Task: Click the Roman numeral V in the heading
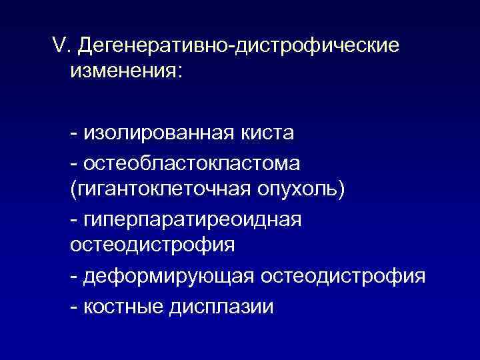59,46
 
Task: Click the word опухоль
299,190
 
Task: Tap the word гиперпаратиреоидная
193,219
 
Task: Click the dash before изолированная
73,134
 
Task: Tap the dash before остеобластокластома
73,163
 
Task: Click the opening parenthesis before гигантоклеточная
73,191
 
